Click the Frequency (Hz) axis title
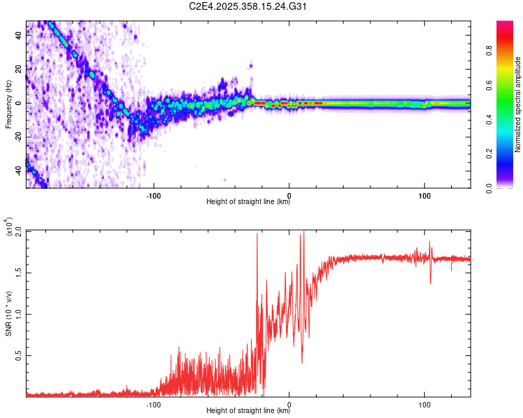tap(8, 104)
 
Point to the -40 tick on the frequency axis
tap(17, 170)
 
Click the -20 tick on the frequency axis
tap(17, 137)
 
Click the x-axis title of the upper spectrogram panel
tap(248, 202)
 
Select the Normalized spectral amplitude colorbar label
tap(518, 104)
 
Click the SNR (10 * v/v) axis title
tap(8, 313)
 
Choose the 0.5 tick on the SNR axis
tap(18, 355)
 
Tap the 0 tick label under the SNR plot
tap(289, 403)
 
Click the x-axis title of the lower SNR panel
tap(248, 411)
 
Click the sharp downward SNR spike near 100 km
tap(430, 281)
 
